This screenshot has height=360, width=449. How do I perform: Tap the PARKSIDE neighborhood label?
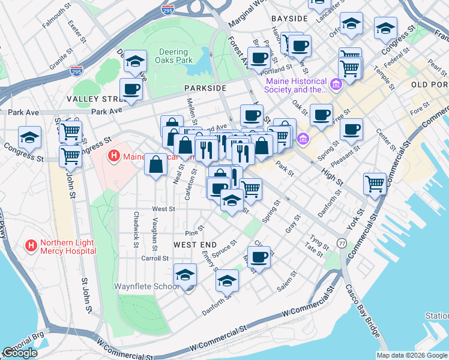tap(205, 88)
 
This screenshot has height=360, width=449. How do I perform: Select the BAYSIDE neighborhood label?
tap(289, 19)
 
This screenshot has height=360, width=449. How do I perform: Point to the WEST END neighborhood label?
tap(194, 245)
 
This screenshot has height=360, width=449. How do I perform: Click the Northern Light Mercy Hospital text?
tap(67, 247)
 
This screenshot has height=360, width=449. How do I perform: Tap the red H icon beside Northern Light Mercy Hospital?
tap(30, 245)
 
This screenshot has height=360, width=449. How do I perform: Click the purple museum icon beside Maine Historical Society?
tap(335, 84)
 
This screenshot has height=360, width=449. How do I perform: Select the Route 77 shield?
tap(342, 243)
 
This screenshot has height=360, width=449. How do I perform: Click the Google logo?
tap(19, 353)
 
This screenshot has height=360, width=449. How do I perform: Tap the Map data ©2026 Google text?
tap(411, 355)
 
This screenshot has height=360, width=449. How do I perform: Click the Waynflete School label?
tap(146, 286)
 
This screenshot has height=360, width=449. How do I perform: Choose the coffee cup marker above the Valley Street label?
tap(131, 90)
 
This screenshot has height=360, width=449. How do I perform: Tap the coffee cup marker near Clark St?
tap(259, 257)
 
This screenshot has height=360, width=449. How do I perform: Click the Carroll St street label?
tap(155, 258)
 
